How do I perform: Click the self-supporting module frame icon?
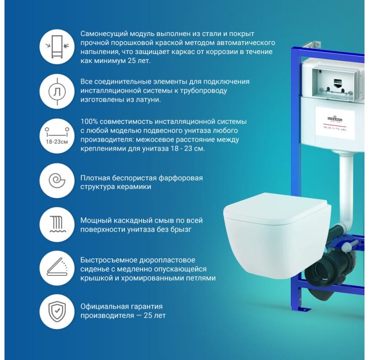[x=57, y=47]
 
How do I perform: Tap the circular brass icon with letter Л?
[x=57, y=91]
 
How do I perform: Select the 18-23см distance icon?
[x=57, y=135]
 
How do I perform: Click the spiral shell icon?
[x=57, y=181]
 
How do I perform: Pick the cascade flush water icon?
[x=57, y=225]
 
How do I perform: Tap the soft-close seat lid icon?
[x=57, y=269]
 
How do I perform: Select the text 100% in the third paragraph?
[x=89, y=121]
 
